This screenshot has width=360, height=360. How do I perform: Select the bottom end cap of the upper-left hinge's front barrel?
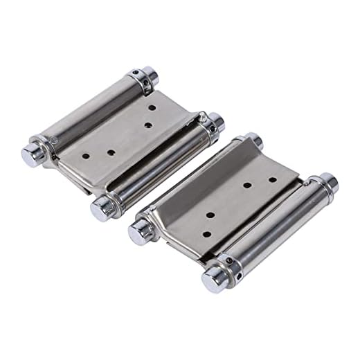coord(102,206)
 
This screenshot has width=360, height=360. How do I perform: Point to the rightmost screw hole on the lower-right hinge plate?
coord(272,179)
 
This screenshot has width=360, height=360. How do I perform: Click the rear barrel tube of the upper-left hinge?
coord(90,114)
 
